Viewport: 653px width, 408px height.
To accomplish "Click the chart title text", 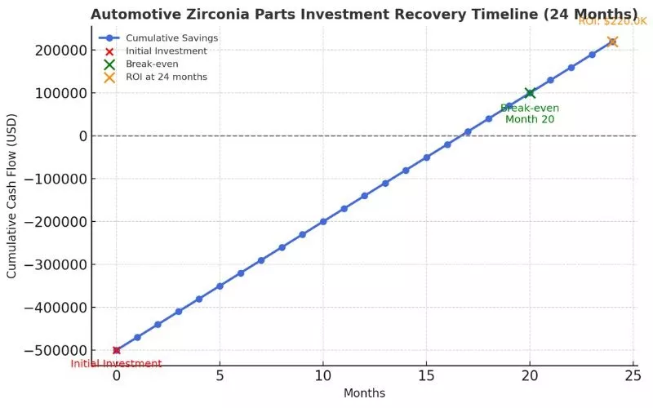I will (x=364, y=14).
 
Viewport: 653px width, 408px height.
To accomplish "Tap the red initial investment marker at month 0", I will (x=117, y=350).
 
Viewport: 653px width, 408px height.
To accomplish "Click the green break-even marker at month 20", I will (x=530, y=93).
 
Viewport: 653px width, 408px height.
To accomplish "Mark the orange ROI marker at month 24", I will (x=612, y=42).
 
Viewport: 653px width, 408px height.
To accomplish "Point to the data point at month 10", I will (x=323, y=221).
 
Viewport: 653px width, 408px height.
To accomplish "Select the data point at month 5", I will (x=220, y=286).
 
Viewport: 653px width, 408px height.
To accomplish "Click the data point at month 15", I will (x=426, y=157).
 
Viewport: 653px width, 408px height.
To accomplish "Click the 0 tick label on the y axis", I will (x=83, y=135).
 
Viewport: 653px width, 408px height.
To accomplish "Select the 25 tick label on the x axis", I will (x=633, y=376).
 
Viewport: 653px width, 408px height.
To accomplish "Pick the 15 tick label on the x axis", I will (x=426, y=376).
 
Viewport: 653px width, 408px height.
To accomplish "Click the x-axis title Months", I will (x=364, y=393).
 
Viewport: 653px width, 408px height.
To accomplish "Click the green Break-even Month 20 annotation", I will (x=530, y=113).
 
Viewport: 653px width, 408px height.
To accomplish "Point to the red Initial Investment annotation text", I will (x=116, y=364).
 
